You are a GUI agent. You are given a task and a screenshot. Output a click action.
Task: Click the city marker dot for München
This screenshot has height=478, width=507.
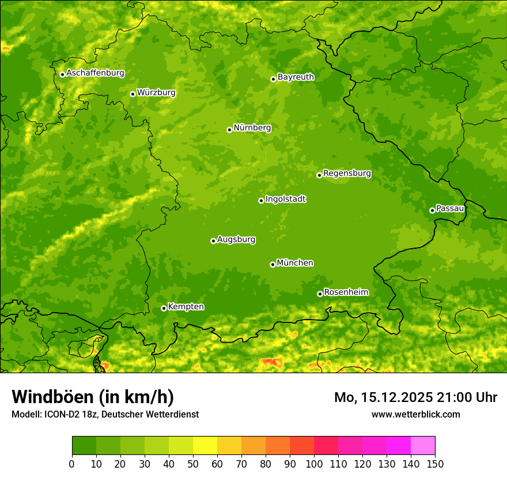coord(273,264)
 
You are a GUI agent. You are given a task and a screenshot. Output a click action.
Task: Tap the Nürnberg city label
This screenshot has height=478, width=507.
coord(252,128)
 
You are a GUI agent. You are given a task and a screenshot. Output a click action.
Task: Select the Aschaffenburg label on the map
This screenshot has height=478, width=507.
coord(95,73)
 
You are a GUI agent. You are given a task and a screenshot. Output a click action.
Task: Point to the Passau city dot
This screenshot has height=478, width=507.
coord(432,210)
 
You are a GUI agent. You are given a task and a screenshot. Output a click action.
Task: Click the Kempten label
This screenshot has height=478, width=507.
coord(186,307)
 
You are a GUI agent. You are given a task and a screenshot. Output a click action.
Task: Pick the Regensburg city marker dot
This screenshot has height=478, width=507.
coord(319,175)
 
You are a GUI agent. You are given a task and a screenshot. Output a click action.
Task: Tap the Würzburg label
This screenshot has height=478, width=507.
coord(156,93)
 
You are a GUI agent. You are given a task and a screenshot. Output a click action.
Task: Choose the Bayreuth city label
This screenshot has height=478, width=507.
coord(296,77)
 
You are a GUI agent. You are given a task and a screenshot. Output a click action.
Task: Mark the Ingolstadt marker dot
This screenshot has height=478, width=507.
coord(261,200)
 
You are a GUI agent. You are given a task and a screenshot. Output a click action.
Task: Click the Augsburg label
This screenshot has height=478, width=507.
coord(236,240)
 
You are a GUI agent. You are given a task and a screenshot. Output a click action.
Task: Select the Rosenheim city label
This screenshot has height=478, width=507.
coord(346,293)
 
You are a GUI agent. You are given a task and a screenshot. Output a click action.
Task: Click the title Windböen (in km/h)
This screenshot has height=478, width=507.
coord(92,397)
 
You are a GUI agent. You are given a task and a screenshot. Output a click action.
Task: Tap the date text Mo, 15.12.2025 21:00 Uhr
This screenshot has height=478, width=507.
coord(415,397)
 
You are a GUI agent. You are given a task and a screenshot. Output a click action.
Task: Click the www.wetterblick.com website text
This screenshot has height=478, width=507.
coord(415,414)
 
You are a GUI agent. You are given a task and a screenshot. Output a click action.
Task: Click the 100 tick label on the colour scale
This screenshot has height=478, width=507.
coord(314,464)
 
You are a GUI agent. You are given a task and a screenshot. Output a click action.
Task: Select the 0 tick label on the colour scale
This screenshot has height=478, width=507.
coord(72,464)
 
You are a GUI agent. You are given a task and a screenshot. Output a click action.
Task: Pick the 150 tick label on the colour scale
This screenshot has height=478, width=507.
coord(435,464)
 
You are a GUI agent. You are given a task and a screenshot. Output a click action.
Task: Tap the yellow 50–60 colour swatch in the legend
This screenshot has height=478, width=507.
coord(205,446)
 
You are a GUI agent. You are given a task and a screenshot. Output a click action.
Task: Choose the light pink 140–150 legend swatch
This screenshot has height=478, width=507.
coord(423,446)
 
